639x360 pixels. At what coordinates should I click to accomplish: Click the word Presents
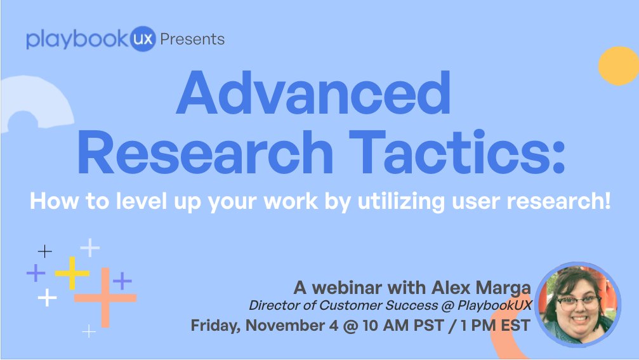tap(192, 39)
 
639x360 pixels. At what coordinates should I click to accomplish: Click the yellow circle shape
tap(619, 66)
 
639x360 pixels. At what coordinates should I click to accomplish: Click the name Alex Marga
tap(480, 287)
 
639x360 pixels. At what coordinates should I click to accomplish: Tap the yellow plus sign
tap(72, 273)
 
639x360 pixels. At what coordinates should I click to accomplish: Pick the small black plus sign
tap(44, 251)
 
